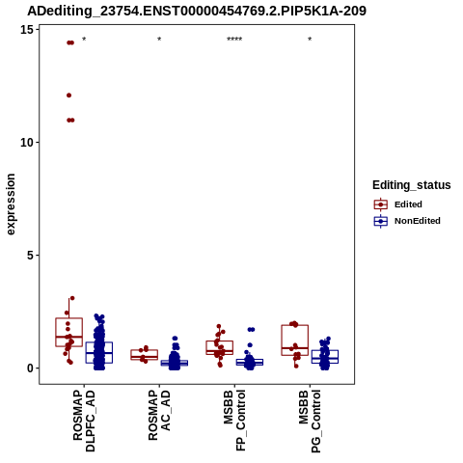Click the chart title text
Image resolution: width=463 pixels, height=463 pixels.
197,11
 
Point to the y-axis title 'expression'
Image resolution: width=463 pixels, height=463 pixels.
11,204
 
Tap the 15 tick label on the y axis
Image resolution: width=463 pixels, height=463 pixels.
27,30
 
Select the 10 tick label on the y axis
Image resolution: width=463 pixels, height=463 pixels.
27,143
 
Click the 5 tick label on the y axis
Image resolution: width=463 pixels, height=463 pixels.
31,256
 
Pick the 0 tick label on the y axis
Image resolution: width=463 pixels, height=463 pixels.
31,368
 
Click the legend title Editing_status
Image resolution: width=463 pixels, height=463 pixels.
412,185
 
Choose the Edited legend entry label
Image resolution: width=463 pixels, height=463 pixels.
408,204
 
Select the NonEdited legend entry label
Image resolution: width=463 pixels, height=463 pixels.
418,221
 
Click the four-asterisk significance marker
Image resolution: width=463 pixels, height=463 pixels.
234,40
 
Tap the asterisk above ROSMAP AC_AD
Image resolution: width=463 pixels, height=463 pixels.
159,40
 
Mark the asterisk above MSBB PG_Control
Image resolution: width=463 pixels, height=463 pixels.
310,40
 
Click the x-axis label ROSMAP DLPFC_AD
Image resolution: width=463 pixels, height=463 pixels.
84,421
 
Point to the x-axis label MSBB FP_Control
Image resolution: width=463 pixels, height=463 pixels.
234,421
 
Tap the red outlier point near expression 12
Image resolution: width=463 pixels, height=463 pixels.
68,95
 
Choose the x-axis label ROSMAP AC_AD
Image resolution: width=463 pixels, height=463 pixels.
159,415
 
